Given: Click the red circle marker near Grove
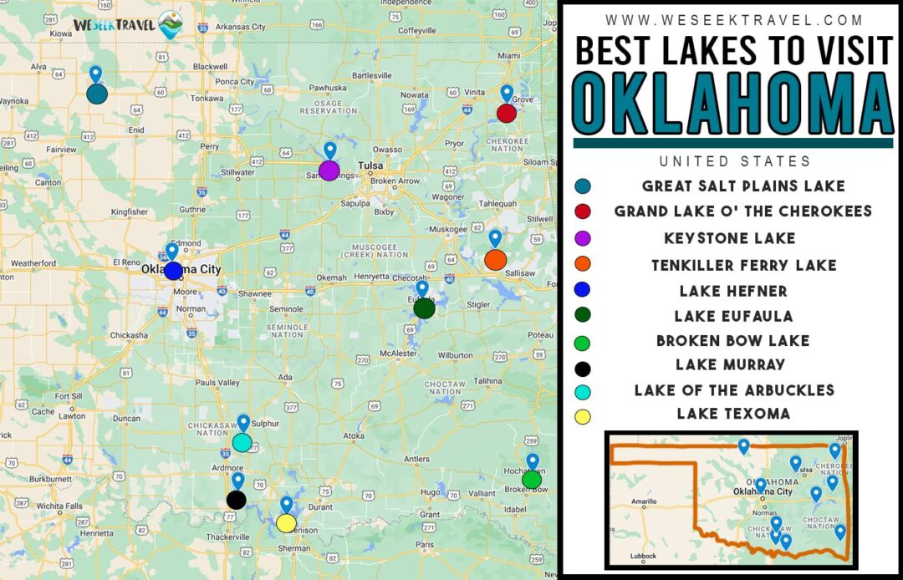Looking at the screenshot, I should click(x=506, y=113).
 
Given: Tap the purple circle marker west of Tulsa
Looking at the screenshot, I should click(x=329, y=170).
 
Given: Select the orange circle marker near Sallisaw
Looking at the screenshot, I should click(x=495, y=260).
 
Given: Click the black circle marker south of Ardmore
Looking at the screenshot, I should click(x=237, y=500).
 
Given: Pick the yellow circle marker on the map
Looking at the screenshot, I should click(x=286, y=523).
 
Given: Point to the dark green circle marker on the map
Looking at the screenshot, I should click(x=424, y=308).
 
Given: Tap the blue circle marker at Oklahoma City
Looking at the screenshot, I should click(x=173, y=271).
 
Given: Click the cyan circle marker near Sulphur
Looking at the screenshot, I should click(x=242, y=443).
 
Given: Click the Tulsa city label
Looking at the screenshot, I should click(x=370, y=165).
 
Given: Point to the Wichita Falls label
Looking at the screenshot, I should click(x=58, y=506).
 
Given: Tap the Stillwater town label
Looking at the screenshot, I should click(x=237, y=172).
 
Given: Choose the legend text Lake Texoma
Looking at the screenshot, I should click(x=733, y=414).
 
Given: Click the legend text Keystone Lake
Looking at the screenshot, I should click(x=729, y=238).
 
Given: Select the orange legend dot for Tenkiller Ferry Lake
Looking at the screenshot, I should click(x=583, y=264).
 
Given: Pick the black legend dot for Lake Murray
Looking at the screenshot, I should click(x=583, y=369).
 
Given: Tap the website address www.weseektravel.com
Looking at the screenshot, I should click(x=732, y=19).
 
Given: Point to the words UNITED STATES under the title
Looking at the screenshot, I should click(x=734, y=161).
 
